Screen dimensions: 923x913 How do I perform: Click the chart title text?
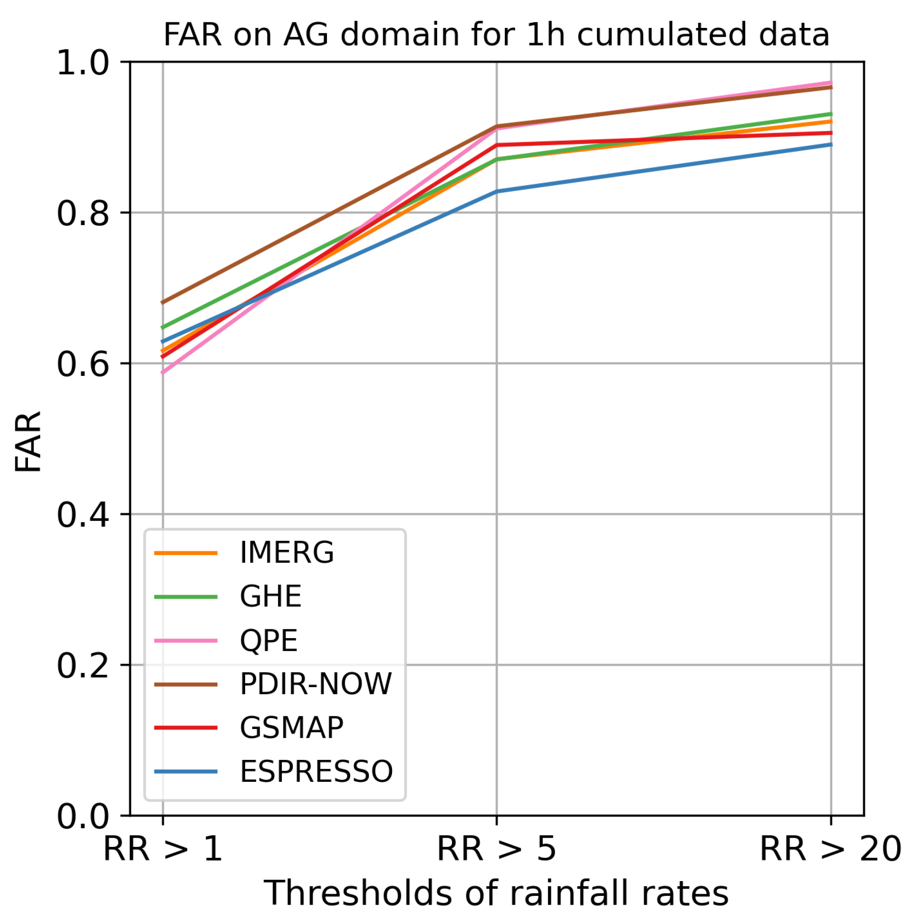click(496, 35)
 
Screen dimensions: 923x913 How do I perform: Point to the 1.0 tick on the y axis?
click(83, 62)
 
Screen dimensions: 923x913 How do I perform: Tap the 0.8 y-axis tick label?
click(83, 213)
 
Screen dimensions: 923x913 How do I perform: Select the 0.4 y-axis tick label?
click(83, 515)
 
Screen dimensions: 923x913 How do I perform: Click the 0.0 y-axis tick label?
click(83, 816)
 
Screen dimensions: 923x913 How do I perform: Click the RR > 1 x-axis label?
click(163, 849)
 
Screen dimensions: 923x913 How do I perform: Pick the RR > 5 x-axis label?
click(496, 849)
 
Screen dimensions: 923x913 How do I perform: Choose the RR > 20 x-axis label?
click(830, 849)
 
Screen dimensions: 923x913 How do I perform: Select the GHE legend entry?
click(271, 597)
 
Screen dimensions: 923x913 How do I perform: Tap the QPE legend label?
click(268, 641)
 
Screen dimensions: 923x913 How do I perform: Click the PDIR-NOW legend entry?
click(315, 684)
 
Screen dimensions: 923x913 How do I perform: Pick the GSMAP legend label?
click(292, 728)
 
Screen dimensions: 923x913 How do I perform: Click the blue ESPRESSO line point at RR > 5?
click(496, 191)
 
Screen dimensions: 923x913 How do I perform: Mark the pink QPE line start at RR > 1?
click(163, 371)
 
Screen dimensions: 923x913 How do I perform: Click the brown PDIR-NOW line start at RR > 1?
click(163, 302)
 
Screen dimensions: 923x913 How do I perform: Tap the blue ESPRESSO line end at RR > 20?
click(830, 144)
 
